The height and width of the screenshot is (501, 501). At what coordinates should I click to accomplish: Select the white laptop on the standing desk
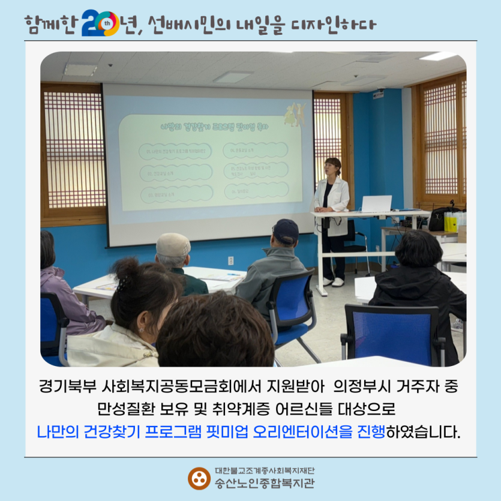(376, 204)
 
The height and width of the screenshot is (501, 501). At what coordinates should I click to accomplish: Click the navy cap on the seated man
(286, 230)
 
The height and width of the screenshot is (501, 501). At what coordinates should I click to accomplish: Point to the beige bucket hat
(173, 245)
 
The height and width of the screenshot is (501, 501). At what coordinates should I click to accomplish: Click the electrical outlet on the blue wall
(231, 260)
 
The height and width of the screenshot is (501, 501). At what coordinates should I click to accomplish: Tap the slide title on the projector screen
(215, 126)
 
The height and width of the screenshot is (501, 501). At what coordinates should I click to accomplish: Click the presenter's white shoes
(334, 282)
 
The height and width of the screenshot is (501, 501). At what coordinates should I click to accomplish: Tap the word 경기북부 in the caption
(67, 387)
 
